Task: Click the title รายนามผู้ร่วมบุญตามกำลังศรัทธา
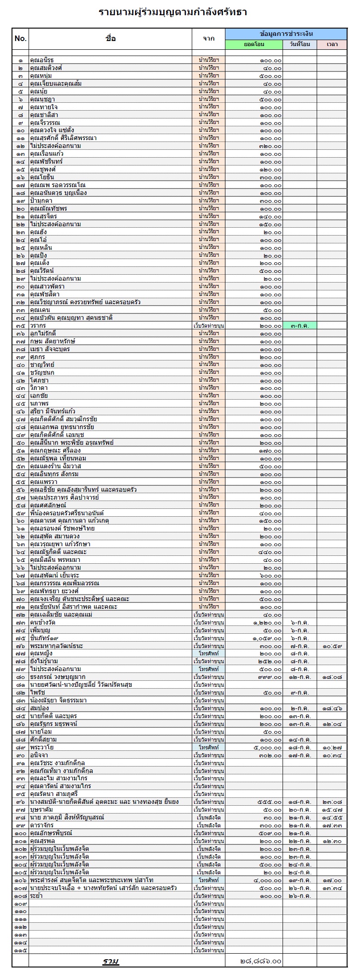point(173,12)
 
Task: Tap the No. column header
point(20,39)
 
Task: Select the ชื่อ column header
point(110,39)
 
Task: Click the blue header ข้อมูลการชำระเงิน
point(286,34)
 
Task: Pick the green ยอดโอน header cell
point(254,44)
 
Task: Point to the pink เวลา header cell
point(331,44)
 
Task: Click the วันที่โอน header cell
point(300,44)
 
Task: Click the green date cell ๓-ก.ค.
point(300,325)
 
